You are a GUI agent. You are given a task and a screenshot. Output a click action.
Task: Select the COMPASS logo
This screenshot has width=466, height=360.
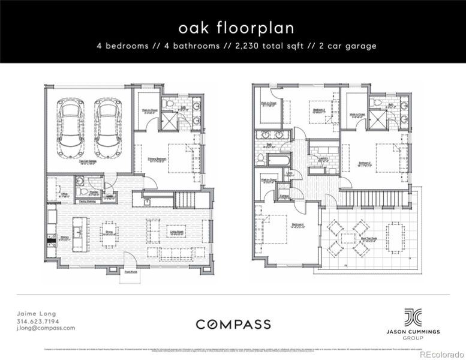point(233,325)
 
